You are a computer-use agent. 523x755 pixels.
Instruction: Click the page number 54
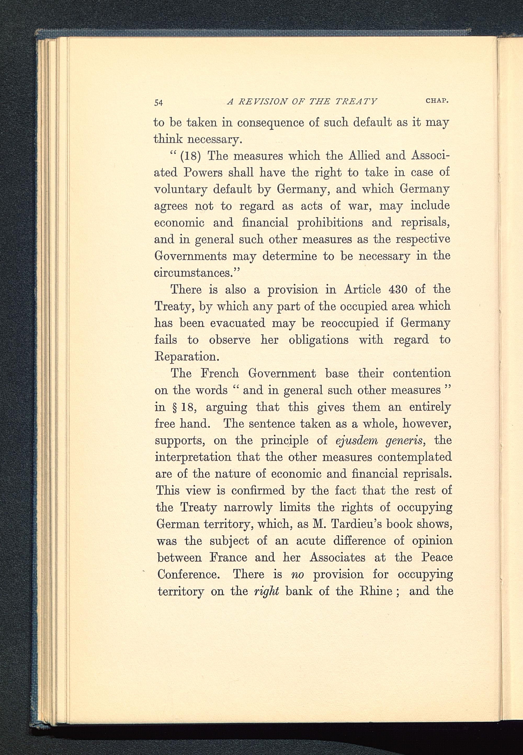[159, 102]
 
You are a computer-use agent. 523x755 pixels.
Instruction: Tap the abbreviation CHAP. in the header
[437, 101]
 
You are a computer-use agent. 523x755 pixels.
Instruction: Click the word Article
[362, 289]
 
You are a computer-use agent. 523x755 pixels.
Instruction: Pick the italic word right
[266, 591]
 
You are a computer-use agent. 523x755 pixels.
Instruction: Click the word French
[220, 373]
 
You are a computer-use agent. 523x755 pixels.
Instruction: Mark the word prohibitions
[330, 223]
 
